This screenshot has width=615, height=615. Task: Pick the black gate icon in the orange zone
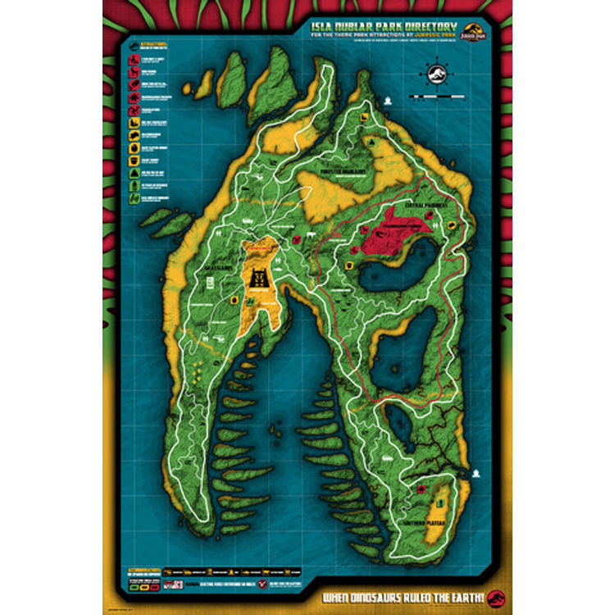[261, 279]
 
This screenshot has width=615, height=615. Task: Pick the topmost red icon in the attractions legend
[131, 59]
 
